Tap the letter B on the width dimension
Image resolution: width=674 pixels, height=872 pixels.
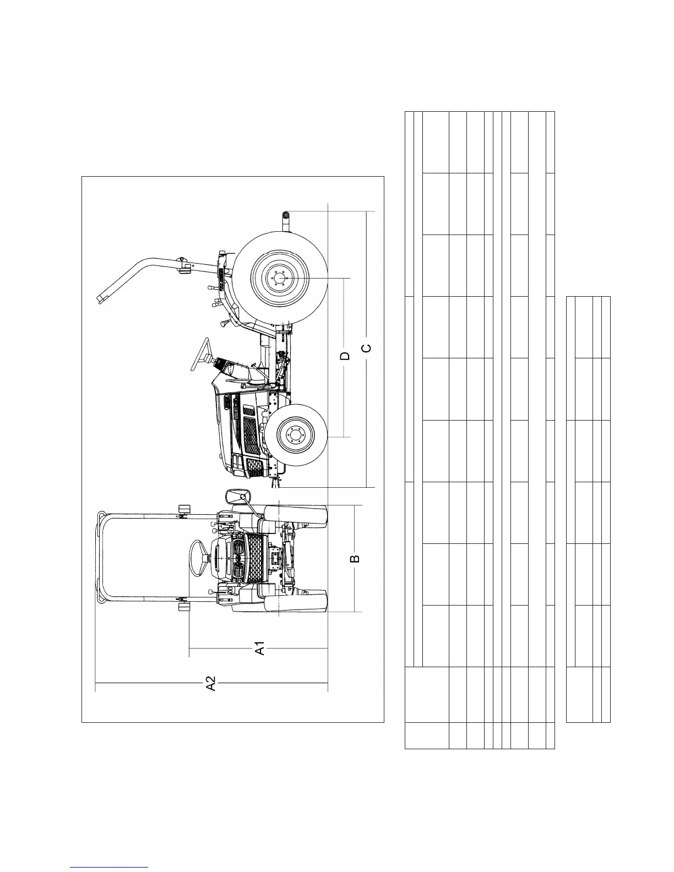pyautogui.click(x=355, y=558)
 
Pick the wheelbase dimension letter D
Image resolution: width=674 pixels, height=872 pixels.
pyautogui.click(x=345, y=356)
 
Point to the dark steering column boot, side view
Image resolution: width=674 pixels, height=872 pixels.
pyautogui.click(x=223, y=366)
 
